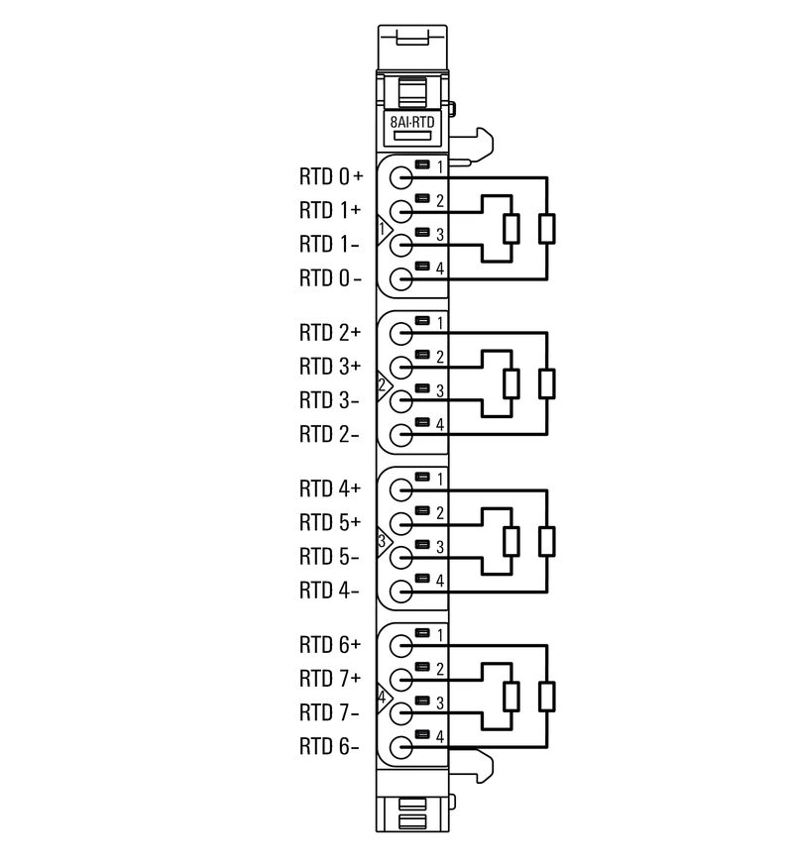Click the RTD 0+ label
pos(331,177)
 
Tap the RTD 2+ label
pos(331,333)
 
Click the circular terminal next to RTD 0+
pos(400,178)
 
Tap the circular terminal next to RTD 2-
pos(400,434)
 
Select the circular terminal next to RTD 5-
pos(400,557)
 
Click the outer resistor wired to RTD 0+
pos(546,229)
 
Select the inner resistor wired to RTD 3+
pos(511,383)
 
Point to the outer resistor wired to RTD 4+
pos(546,541)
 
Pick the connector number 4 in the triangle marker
pos(383,697)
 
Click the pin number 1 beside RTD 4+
pos(439,479)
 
